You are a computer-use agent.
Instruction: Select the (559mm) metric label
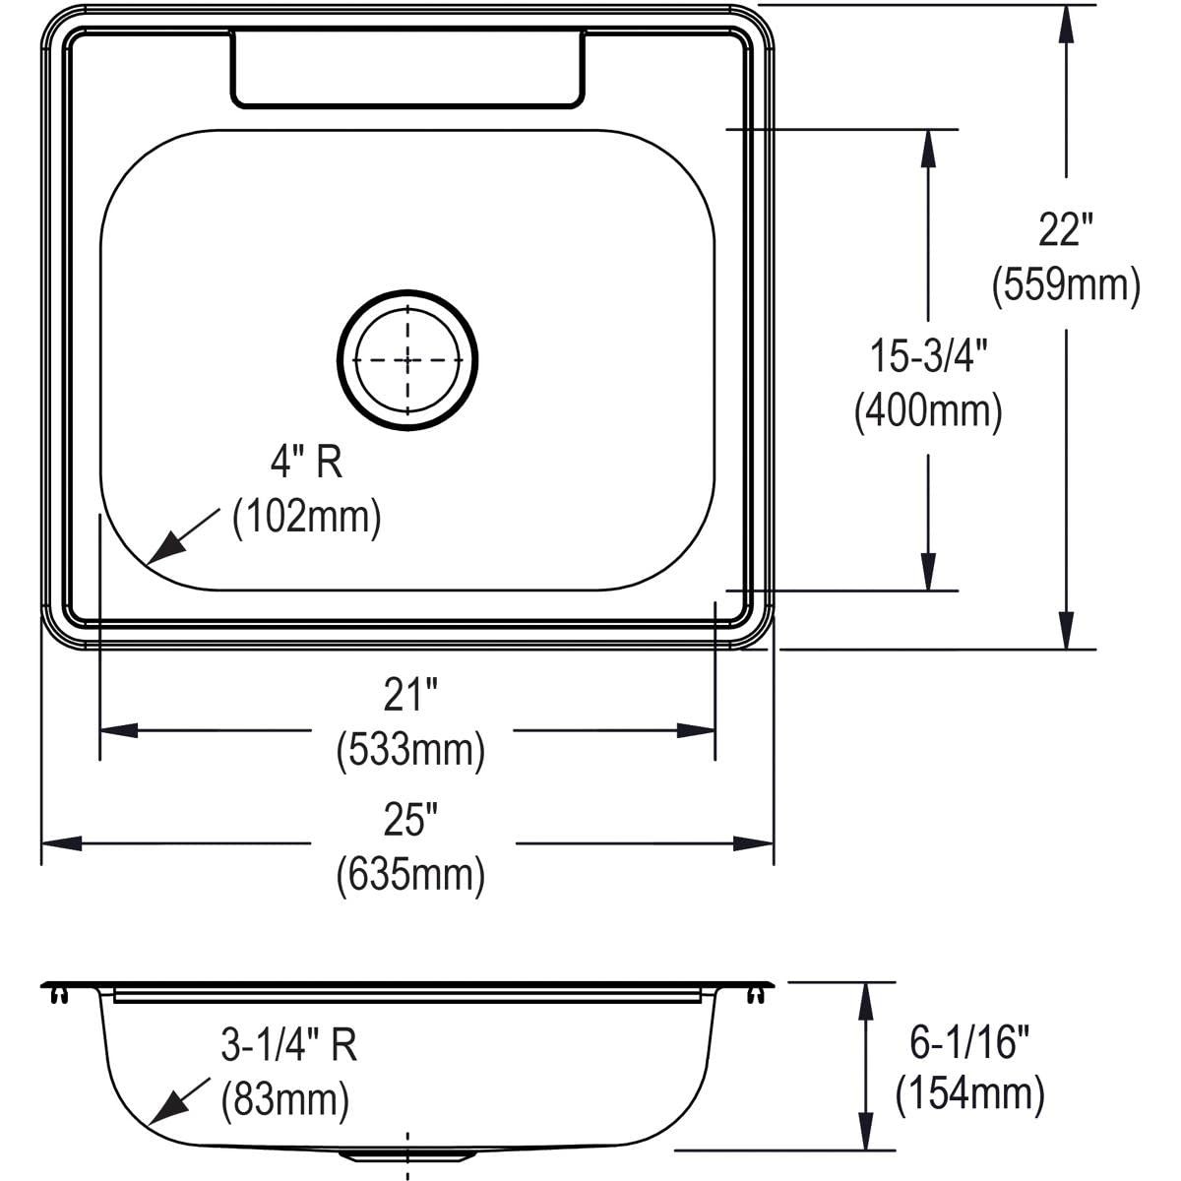[x=1066, y=285]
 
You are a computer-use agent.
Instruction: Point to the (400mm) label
[x=928, y=411]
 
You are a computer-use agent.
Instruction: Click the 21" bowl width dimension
[x=410, y=695]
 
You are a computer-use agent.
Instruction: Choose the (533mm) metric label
[x=410, y=751]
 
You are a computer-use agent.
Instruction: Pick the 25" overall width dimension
[x=410, y=820]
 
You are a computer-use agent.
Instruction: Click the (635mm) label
[x=410, y=875]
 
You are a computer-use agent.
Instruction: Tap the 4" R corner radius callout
[x=306, y=463]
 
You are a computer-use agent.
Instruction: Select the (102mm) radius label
[x=306, y=518]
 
